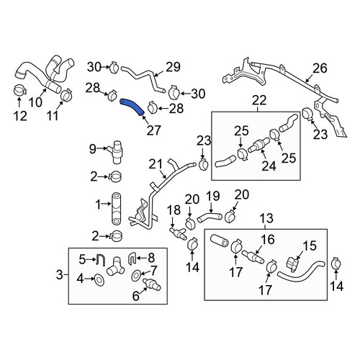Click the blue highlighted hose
click(132, 107)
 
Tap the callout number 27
click(153, 130)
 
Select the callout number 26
click(320, 68)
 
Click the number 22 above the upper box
click(259, 101)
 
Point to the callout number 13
click(266, 218)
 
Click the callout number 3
click(59, 274)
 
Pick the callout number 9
click(93, 149)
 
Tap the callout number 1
click(98, 204)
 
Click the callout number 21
click(156, 165)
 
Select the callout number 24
click(269, 166)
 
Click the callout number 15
click(310, 246)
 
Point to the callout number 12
click(20, 116)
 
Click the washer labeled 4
click(99, 279)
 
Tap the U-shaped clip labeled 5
click(101, 260)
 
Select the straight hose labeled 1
click(117, 208)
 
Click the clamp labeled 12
click(19, 90)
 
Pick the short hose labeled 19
click(210, 217)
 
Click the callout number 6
click(136, 296)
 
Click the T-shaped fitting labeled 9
click(116, 152)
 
